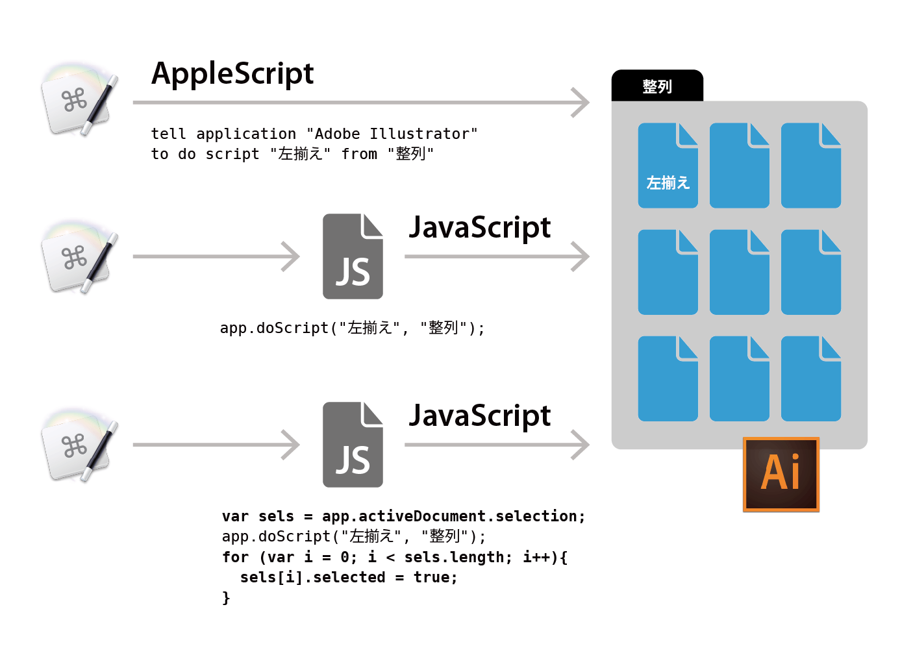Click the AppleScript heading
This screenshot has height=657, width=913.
[232, 74]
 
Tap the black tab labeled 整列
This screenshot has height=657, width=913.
[657, 86]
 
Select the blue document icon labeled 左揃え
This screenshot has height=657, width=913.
[668, 166]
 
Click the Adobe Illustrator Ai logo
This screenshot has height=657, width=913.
[781, 475]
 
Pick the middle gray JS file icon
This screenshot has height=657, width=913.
[353, 256]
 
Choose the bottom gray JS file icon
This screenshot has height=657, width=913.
[353, 445]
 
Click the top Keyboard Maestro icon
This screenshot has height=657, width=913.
[79, 99]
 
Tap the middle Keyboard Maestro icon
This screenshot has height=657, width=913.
[79, 257]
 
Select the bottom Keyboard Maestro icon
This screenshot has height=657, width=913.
[79, 445]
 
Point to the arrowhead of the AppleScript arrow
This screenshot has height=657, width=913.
[589, 103]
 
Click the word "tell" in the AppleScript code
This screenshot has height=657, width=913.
[169, 134]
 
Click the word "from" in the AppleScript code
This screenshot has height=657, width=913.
[359, 154]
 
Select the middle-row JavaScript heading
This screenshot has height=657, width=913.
[480, 227]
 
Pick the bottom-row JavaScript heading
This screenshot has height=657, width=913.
[480, 415]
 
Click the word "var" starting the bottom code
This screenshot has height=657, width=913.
[236, 516]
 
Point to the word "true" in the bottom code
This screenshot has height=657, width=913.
[432, 577]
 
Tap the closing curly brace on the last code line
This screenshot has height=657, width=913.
[226, 598]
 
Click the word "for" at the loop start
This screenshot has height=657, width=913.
[236, 557]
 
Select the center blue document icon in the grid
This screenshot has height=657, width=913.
[740, 272]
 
